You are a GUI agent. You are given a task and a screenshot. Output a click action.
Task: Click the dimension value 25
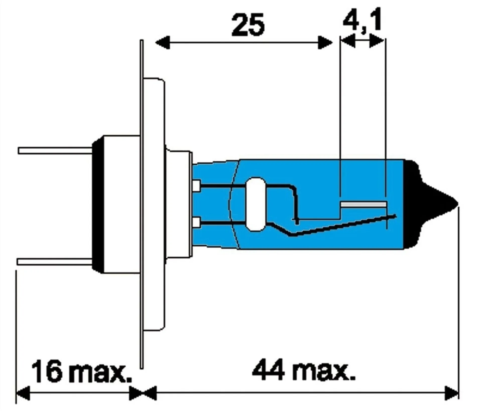248,25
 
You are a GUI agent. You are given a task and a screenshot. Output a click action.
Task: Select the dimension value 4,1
362,20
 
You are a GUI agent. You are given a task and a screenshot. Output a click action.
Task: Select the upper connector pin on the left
55,150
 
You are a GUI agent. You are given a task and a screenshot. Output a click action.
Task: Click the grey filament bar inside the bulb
363,204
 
